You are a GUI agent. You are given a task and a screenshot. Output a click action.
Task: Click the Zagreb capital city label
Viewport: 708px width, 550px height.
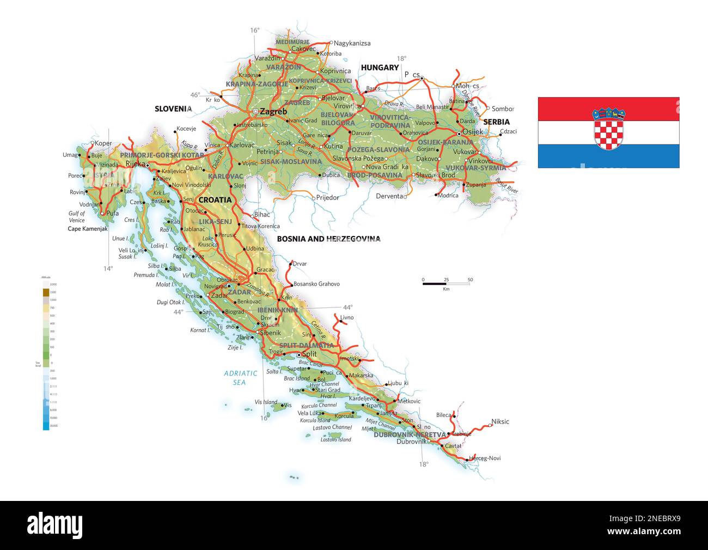pos(273,112)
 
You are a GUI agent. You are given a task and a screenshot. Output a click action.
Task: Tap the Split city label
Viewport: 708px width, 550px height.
pos(309,354)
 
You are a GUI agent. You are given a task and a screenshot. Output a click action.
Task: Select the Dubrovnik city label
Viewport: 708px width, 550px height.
pos(412,442)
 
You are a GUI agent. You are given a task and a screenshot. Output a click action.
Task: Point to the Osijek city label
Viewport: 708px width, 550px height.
pos(472,132)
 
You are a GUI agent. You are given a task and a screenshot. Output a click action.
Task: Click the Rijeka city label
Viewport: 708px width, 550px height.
pos(136,163)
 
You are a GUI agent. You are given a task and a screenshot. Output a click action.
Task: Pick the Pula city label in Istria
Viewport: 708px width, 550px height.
pos(113,213)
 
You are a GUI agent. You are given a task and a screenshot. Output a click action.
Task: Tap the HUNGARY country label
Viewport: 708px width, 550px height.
pos(380,68)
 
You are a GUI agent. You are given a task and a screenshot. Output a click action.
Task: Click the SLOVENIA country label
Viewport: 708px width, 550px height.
pos(173,108)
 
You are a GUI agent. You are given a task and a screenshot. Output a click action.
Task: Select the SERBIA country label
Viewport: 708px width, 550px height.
pos(496,122)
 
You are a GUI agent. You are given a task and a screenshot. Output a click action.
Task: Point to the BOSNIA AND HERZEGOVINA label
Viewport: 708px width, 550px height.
pos(328,239)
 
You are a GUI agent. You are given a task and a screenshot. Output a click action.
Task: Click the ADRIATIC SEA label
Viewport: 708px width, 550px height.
pos(240,378)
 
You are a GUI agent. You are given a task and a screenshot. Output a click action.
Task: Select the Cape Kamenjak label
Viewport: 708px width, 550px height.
pos(87,229)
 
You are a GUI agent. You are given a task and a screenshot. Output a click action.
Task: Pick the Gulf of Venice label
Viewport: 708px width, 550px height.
pos(77,217)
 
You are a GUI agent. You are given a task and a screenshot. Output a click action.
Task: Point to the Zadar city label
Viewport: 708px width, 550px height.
pos(219,295)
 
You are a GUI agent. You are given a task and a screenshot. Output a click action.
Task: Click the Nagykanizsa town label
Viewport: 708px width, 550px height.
pos(352,43)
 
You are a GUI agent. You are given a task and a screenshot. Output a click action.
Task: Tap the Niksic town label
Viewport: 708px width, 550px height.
pos(500,421)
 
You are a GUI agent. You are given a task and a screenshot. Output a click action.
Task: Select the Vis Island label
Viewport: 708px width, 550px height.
pos(266,402)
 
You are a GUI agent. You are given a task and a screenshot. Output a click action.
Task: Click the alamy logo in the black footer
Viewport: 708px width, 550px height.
pos(54,524)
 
